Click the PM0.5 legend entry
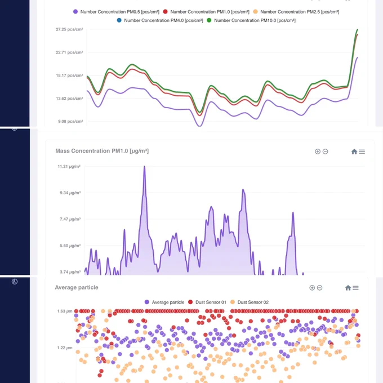(x=116, y=12)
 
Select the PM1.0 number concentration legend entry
(x=206, y=12)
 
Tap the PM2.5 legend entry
(x=296, y=12)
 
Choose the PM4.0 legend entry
(x=160, y=20)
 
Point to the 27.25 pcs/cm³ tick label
(x=69, y=29)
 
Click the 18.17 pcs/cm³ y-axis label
(x=69, y=75)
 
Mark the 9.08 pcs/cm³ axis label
(x=70, y=122)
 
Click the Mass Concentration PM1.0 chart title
(x=102, y=151)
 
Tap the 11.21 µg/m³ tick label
(x=69, y=167)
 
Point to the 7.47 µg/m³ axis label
(x=70, y=219)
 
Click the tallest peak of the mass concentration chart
(x=144, y=167)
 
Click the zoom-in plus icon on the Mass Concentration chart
(x=318, y=152)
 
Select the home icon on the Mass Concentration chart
(x=354, y=152)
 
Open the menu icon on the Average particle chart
(x=355, y=288)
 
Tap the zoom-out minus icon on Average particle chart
(x=319, y=288)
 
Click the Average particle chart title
(x=77, y=287)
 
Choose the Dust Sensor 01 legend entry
(x=207, y=302)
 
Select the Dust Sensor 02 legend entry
(x=250, y=302)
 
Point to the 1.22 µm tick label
(x=65, y=348)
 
